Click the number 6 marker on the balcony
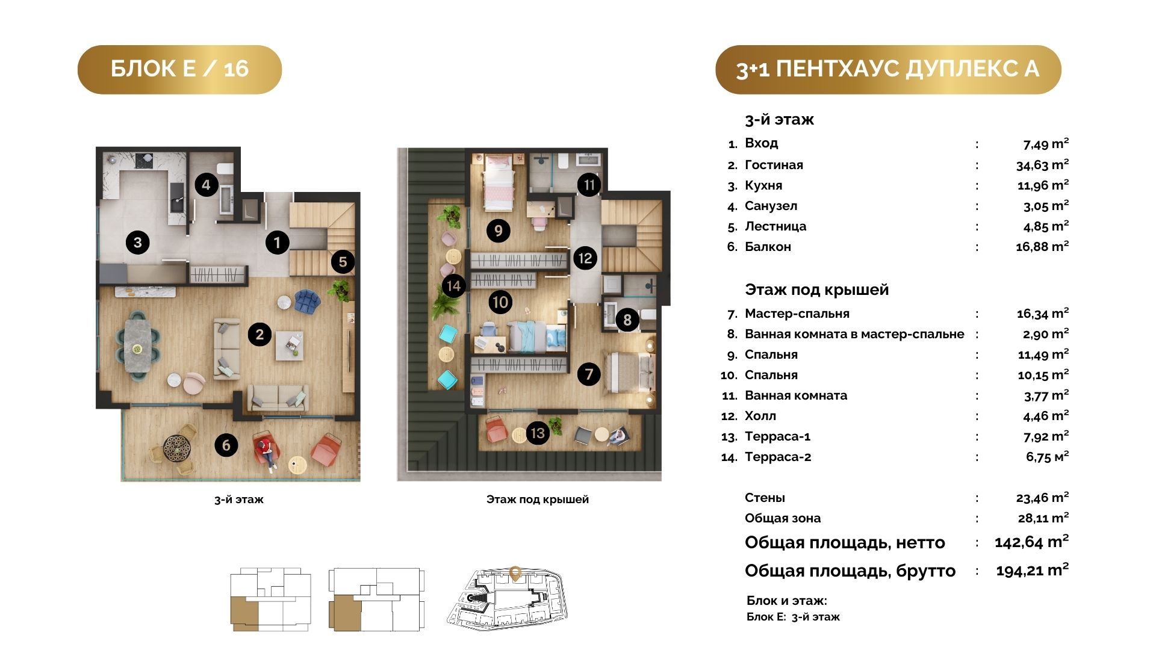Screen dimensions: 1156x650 (226, 445)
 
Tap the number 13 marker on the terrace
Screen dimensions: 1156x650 (538, 433)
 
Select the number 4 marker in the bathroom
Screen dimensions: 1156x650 (207, 185)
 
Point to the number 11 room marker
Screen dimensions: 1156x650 (589, 185)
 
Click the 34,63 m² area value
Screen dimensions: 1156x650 (1042, 165)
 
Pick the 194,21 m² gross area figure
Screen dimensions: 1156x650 (1032, 570)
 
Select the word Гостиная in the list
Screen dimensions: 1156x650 (774, 165)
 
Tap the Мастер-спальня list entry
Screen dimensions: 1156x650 (797, 314)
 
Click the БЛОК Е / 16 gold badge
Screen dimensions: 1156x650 (179, 69)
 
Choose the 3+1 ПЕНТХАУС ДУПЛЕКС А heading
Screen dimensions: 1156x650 (888, 69)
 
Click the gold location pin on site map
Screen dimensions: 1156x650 (515, 574)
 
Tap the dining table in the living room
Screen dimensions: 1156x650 (138, 348)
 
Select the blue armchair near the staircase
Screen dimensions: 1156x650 (308, 302)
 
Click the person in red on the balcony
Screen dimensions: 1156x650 (266, 450)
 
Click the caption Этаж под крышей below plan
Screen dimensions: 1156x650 (538, 500)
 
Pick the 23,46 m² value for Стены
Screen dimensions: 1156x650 (1042, 498)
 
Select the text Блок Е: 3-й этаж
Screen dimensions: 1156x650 (793, 617)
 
